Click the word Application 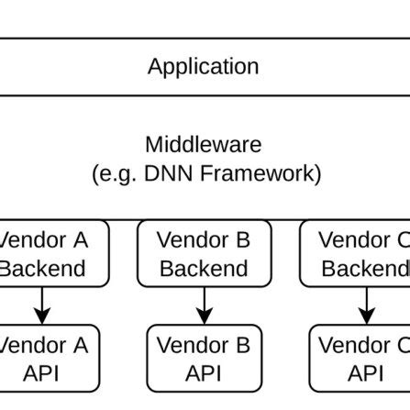coord(203,67)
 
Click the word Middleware coord(203,145)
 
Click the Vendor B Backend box coord(204,254)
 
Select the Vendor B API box coord(204,359)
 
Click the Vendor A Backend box coord(50,254)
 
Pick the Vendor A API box coord(50,359)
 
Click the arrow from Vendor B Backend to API coord(204,305)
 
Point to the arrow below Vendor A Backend coord(41,305)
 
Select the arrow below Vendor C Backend coord(366,305)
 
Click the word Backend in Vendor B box coord(204,269)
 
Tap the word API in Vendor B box coord(204,373)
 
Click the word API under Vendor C coord(365,373)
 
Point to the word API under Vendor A coord(41,373)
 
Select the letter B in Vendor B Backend coord(242,240)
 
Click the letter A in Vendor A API coord(80,346)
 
